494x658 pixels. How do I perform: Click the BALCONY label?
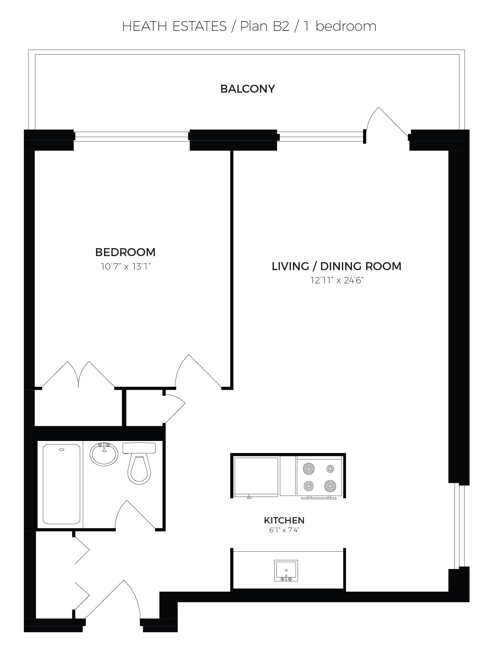(x=248, y=89)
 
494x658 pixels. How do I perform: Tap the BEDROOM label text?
(x=125, y=252)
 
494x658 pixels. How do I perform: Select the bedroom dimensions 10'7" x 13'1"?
(x=125, y=267)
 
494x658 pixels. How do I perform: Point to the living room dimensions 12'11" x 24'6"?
(x=337, y=281)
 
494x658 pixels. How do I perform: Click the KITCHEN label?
(x=284, y=520)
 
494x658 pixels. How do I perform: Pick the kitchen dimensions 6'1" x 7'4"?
(x=284, y=530)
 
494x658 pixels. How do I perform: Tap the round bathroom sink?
(x=104, y=454)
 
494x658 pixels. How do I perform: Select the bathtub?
(x=62, y=484)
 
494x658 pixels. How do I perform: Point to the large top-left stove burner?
(x=309, y=469)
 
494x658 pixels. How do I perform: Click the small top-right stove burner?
(x=330, y=469)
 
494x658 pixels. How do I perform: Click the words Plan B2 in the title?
(x=265, y=26)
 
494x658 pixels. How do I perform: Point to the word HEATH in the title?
(x=145, y=26)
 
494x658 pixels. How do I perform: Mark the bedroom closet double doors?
(x=78, y=374)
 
